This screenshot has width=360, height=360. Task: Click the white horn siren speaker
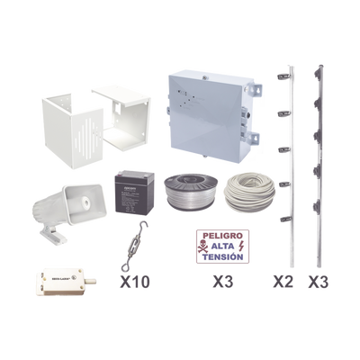[x=67, y=209]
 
